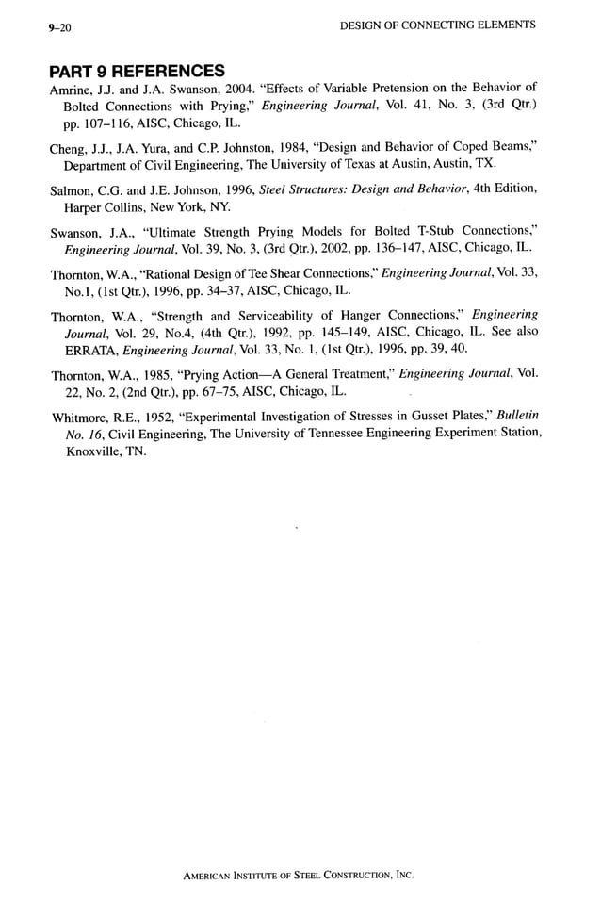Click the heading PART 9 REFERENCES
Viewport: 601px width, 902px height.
point(137,71)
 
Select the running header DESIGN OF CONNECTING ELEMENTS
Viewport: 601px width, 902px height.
point(436,25)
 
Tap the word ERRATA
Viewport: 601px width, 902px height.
point(89,350)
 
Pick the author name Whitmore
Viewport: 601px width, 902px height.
point(80,416)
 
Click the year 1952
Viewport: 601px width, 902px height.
point(161,416)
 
